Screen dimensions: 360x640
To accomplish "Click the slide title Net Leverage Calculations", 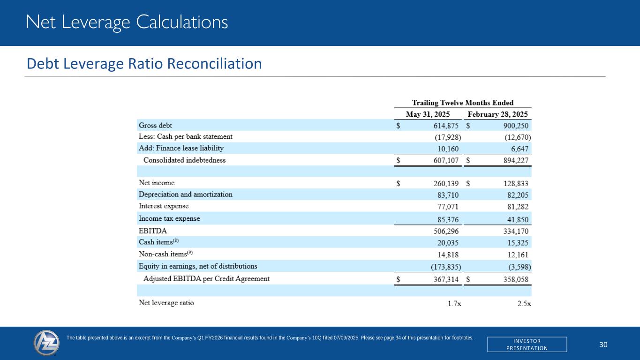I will pyautogui.click(x=127, y=22).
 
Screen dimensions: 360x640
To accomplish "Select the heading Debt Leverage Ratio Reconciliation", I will pyautogui.click(x=144, y=63).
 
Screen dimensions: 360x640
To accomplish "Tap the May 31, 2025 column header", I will pyautogui.click(x=428, y=114).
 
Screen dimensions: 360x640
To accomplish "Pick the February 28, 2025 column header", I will pyautogui.click(x=497, y=114).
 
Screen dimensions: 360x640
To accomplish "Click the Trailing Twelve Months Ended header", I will pyautogui.click(x=462, y=103).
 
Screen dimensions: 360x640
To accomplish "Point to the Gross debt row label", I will pyautogui.click(x=155, y=125).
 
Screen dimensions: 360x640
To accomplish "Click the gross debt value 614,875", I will pyautogui.click(x=442, y=126).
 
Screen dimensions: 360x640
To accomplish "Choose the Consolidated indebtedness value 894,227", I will pyautogui.click(x=514, y=160).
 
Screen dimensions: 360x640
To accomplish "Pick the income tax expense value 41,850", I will pyautogui.click(x=518, y=219).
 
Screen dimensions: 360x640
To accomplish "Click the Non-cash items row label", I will pyautogui.click(x=166, y=254).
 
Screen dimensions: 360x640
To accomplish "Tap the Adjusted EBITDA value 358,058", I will pyautogui.click(x=514, y=279).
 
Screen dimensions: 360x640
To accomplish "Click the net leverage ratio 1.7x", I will pyautogui.click(x=454, y=303).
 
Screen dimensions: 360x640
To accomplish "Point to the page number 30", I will pyautogui.click(x=603, y=345).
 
